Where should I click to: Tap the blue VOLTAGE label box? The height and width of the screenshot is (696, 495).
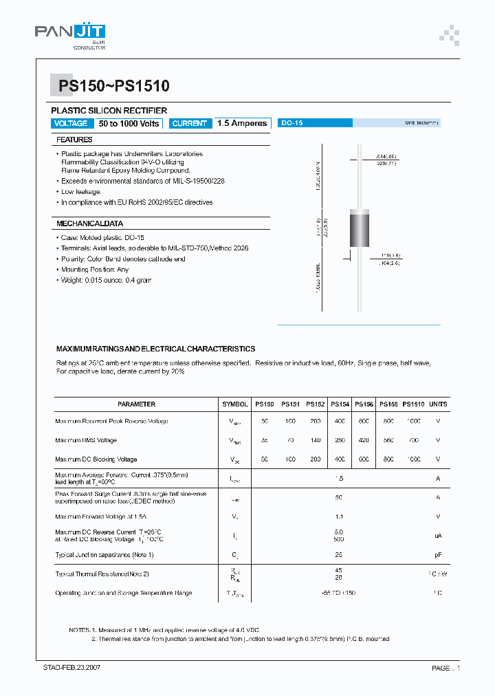point(71,123)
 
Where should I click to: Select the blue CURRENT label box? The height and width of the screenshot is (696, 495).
point(189,123)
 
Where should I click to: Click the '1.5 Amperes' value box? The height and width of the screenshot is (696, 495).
point(241,123)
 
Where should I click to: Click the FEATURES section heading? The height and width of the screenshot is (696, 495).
point(74,140)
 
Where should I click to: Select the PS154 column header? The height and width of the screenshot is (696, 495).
point(340,404)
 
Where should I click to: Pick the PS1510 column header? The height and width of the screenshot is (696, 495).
point(413,404)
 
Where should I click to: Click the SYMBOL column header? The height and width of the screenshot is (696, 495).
point(235,404)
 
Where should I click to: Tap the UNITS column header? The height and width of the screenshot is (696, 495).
point(438,404)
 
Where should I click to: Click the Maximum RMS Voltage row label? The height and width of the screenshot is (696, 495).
point(86,440)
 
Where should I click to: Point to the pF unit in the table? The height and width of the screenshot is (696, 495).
point(438,554)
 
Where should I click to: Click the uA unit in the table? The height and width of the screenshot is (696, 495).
point(438,535)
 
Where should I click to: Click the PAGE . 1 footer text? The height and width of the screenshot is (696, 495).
point(445,668)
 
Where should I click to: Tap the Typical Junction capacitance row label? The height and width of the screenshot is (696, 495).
point(104,554)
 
